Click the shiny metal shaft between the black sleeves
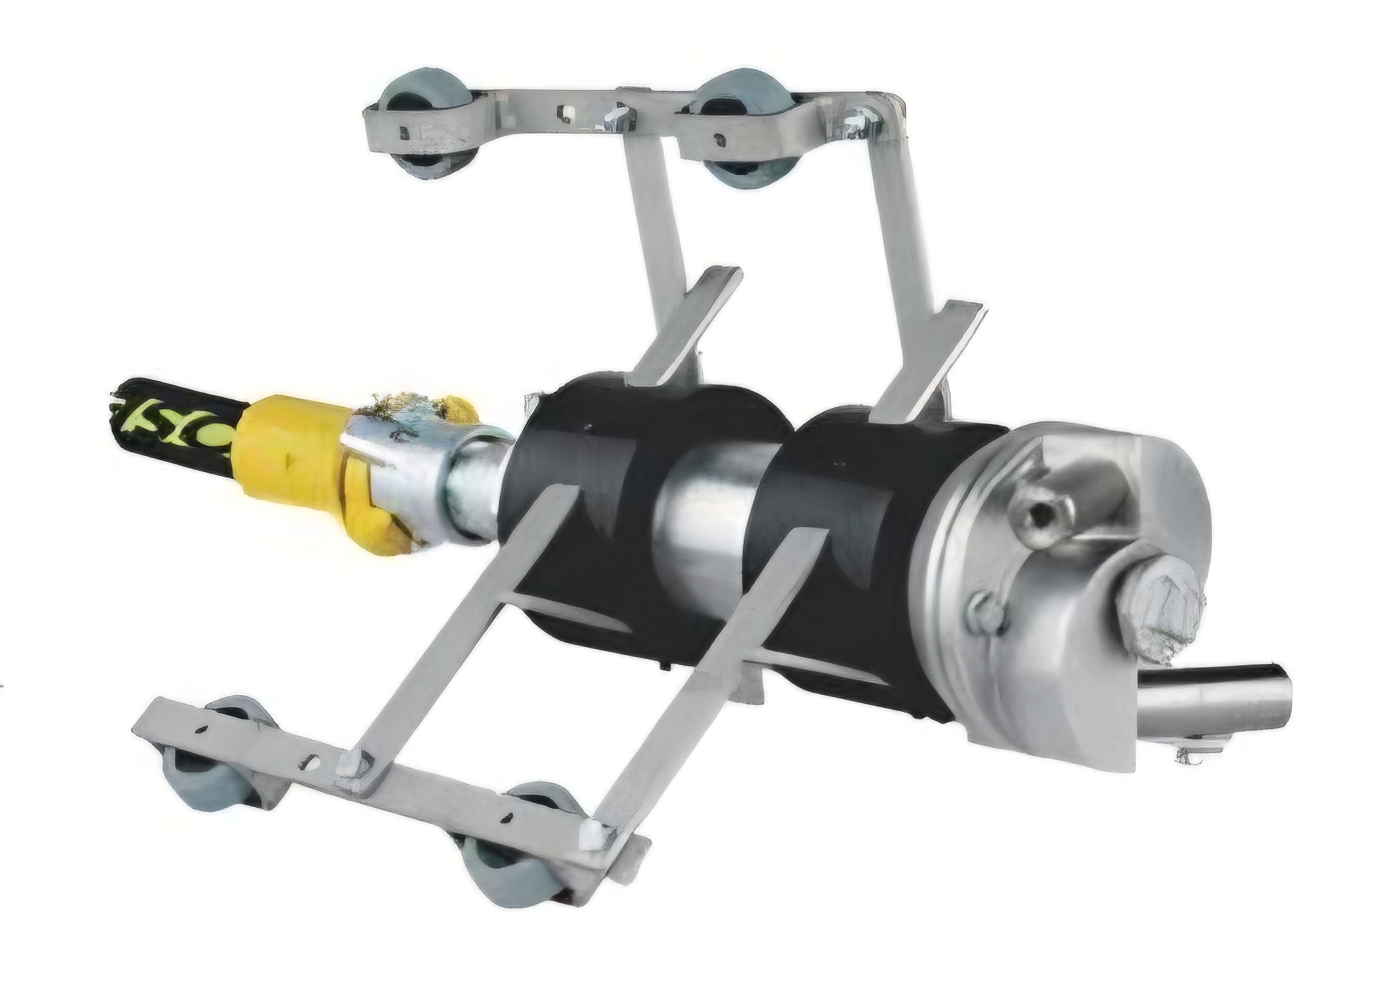click(x=714, y=519)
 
